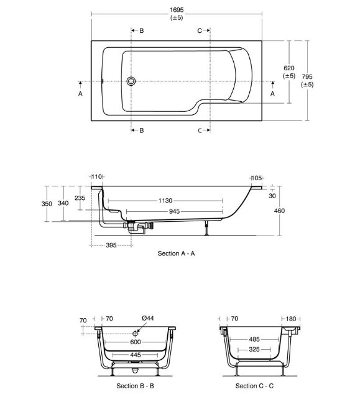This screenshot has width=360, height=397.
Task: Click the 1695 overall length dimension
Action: pyautogui.click(x=177, y=10)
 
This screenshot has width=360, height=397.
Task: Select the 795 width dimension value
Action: pyautogui.click(x=307, y=76)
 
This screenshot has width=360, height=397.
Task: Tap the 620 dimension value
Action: pyautogui.click(x=289, y=68)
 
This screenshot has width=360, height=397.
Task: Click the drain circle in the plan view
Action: pyautogui.click(x=131, y=81)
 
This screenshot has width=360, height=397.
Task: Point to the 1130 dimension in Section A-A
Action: pyautogui.click(x=165, y=201)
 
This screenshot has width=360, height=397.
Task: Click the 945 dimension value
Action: pyautogui.click(x=174, y=211)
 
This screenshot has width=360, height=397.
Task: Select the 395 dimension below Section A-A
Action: pyautogui.click(x=111, y=245)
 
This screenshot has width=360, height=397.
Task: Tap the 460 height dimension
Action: pyautogui.click(x=279, y=211)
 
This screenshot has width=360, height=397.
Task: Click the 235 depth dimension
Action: pyautogui.click(x=80, y=198)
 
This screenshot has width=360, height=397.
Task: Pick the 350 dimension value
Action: pyautogui.click(x=47, y=204)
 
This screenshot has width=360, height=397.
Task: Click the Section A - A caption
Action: pyautogui.click(x=177, y=253)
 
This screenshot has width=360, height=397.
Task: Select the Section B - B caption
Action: pyautogui.click(x=136, y=386)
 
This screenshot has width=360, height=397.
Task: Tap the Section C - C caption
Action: pyautogui.click(x=254, y=386)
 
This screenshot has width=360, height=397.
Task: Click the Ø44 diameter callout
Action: pyautogui.click(x=148, y=318)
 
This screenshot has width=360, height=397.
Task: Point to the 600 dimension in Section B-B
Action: pyautogui.click(x=136, y=342)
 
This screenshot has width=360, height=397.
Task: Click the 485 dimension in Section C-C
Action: pyautogui.click(x=254, y=339)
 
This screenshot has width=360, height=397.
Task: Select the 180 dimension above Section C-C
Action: pyautogui.click(x=291, y=319)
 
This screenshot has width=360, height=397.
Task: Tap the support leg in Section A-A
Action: pyautogui.click(x=206, y=228)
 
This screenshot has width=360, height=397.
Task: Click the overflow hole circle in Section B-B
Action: pyautogui.click(x=135, y=334)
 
